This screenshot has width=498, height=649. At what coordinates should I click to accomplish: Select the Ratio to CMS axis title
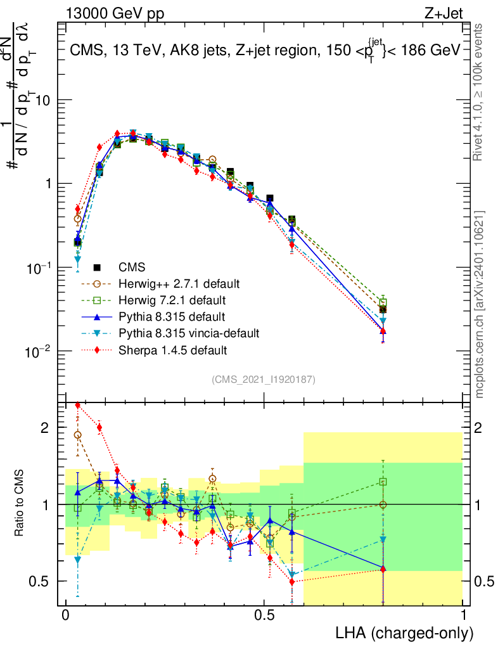point(21,504)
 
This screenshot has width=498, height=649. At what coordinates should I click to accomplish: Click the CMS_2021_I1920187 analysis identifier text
point(264,379)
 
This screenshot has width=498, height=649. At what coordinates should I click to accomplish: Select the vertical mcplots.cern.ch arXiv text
point(480,305)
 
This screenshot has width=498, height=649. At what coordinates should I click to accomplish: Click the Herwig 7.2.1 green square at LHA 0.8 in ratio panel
point(383,482)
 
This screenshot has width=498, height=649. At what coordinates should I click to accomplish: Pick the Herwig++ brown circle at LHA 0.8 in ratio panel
point(383,504)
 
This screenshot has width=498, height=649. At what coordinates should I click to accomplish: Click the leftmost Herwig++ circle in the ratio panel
point(77,435)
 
